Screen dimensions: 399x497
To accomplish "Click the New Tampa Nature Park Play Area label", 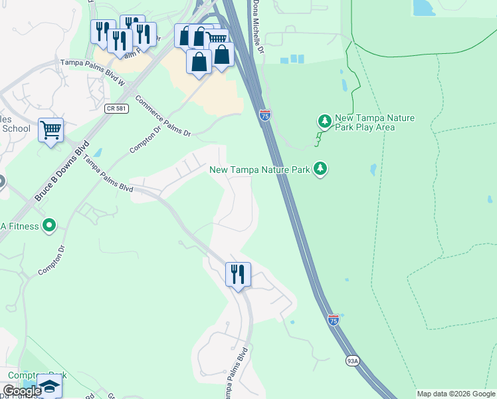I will [x=375, y=122].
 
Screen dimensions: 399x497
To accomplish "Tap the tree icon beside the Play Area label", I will [x=324, y=121].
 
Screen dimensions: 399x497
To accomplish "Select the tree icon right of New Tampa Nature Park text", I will [x=320, y=169].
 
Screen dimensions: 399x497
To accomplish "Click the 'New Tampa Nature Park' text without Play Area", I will [x=260, y=170].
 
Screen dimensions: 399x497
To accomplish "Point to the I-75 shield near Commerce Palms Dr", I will [x=264, y=115].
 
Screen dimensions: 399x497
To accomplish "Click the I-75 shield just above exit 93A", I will [x=334, y=320].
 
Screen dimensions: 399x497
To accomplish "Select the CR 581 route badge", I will [x=115, y=108].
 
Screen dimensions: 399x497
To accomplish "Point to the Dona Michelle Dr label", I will [x=257, y=27].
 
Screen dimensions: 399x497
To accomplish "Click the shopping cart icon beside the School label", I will [x=50, y=130].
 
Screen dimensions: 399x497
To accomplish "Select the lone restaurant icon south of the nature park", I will [x=237, y=274].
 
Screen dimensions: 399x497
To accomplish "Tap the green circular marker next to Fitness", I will [x=49, y=226].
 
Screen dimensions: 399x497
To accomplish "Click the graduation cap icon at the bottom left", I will [x=49, y=386].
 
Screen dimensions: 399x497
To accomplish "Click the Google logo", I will [x=21, y=391].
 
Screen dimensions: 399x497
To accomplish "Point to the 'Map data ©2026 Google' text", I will [x=456, y=394].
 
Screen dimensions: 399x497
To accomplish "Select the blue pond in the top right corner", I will [x=421, y=7].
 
